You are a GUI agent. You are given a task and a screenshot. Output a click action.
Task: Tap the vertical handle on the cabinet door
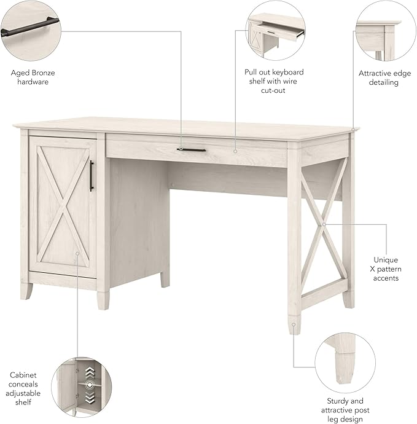click(x=92, y=175)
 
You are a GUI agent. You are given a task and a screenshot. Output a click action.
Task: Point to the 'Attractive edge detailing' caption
click(x=384, y=77)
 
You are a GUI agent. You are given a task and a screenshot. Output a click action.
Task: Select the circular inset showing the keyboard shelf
click(x=275, y=31)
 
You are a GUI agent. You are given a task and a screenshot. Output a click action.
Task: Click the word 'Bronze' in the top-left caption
click(x=44, y=73)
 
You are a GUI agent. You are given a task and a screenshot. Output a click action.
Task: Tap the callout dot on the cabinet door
click(x=78, y=253)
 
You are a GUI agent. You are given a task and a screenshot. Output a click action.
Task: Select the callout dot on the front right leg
click(x=294, y=323)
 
